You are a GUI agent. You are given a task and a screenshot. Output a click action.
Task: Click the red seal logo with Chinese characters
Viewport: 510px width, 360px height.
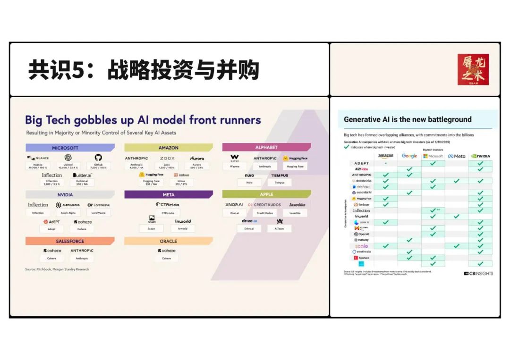(x=473, y=69)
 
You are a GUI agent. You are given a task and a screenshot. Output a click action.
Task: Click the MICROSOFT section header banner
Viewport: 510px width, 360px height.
(x=69, y=148)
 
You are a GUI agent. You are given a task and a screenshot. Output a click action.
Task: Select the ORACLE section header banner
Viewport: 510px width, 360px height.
(x=168, y=241)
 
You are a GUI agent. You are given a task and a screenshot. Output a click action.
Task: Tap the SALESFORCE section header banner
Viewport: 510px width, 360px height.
(x=69, y=241)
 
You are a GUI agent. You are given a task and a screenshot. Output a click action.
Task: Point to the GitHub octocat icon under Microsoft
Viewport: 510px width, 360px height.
(x=98, y=158)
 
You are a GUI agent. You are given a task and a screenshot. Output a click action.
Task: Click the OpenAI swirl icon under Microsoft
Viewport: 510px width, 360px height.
(x=68, y=158)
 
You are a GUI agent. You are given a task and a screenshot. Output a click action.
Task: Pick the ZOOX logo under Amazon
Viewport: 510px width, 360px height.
(x=167, y=159)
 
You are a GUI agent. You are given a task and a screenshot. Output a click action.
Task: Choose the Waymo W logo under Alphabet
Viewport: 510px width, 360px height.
(x=235, y=158)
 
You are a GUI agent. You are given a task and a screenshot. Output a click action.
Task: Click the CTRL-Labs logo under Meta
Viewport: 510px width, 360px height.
(x=167, y=205)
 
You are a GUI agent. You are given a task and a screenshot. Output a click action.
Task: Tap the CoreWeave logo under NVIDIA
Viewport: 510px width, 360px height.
(x=98, y=205)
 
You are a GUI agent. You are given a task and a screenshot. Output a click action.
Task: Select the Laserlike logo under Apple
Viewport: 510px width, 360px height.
(x=297, y=205)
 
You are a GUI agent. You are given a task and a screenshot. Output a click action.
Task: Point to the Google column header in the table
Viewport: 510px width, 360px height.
(x=409, y=156)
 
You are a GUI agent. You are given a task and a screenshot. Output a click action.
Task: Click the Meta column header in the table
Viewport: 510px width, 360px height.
(x=456, y=156)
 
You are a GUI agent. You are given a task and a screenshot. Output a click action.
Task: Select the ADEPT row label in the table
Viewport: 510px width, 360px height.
(x=362, y=163)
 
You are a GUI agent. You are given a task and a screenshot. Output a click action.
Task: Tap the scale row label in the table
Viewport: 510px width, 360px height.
(x=361, y=246)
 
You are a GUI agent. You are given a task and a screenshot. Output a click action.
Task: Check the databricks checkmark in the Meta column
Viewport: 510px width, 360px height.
(x=457, y=181)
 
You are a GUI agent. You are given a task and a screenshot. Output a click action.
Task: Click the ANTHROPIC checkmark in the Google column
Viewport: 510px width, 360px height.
(x=409, y=175)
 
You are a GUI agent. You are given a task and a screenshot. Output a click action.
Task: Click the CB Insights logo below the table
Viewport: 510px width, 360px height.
(x=478, y=273)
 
